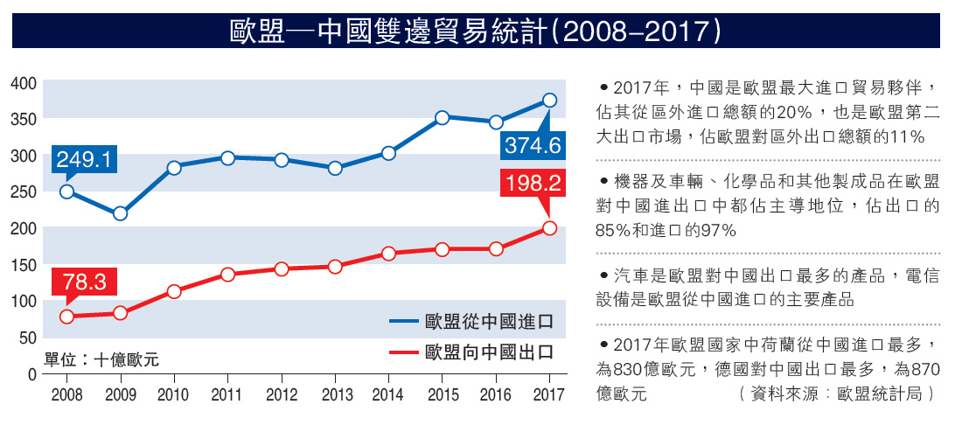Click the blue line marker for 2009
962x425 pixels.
121,213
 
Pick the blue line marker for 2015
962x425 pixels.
443,118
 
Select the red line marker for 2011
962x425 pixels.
227,275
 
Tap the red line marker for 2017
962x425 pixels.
549,228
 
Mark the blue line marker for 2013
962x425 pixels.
335,168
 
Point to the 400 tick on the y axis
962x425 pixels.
24,83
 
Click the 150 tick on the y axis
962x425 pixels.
24,264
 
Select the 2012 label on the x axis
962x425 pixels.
281,394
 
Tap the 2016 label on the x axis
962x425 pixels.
495,394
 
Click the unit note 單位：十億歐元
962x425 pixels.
101,359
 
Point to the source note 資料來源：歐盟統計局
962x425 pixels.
840,394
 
